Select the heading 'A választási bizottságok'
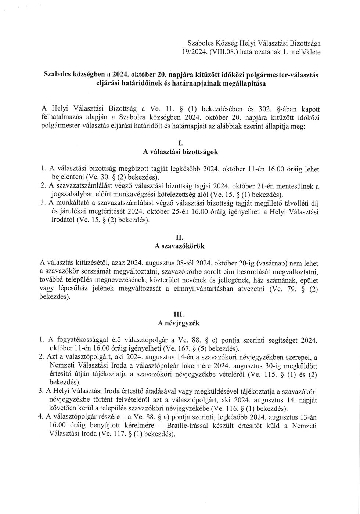click(180, 152)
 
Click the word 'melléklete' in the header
click(305, 52)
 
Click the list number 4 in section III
click(41, 417)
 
